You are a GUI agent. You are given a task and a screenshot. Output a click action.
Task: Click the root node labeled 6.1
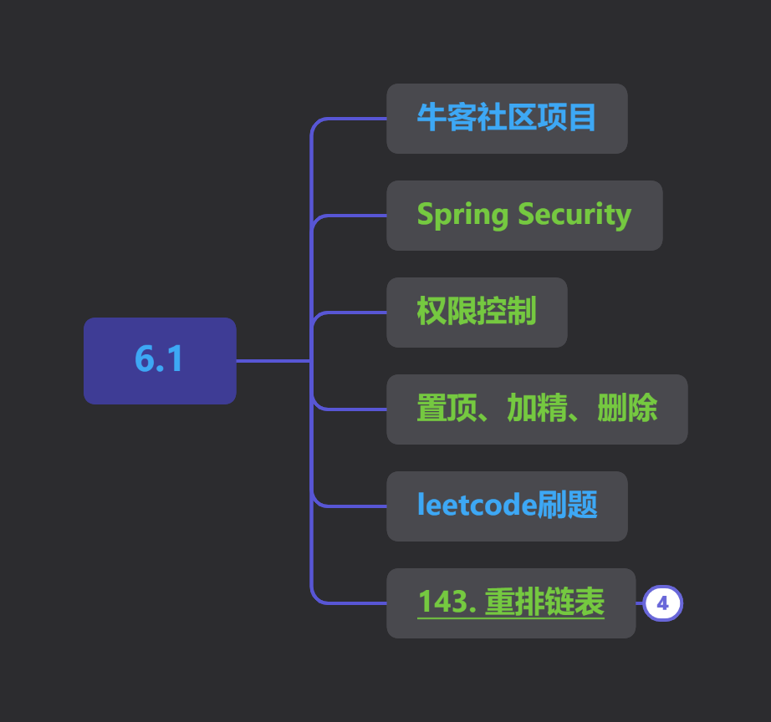coord(160,361)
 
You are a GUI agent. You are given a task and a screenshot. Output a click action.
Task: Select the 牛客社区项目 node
coord(507,119)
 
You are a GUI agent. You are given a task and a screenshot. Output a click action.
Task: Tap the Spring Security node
coord(524,216)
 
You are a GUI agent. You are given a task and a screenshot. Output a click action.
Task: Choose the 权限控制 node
coord(477,312)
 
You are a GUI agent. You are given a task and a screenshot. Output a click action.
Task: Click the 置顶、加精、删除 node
coord(537,409)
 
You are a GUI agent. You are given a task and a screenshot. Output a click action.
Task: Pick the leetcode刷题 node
coord(507,506)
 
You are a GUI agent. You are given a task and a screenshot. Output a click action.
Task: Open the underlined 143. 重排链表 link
coord(511,602)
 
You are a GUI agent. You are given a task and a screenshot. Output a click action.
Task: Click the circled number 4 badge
coord(663,603)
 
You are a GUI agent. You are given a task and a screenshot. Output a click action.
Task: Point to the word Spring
coord(462,216)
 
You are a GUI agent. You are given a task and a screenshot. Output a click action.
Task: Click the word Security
coord(574,216)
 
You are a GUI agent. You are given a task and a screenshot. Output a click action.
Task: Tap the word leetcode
coord(477,505)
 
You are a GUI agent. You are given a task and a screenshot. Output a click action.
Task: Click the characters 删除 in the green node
coord(627,408)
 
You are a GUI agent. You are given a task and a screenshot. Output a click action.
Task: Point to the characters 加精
coord(537,408)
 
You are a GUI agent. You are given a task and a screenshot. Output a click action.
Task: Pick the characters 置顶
coord(447,408)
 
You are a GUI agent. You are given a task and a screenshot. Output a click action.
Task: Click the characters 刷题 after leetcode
coord(567,505)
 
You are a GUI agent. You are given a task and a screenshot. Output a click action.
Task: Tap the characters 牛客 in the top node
coord(447,118)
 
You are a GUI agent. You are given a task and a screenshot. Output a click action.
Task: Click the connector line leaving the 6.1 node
coord(273,361)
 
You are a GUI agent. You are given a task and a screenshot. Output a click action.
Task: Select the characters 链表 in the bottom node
coord(574,602)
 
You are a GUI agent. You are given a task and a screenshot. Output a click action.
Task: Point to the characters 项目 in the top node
coord(567,118)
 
